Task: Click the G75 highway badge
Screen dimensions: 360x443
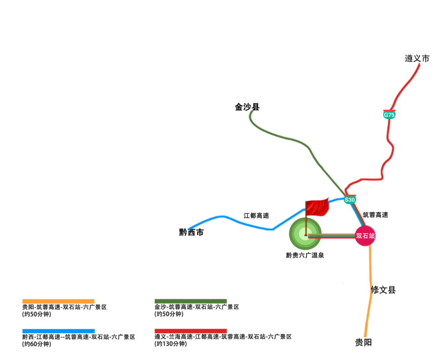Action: click(389, 115)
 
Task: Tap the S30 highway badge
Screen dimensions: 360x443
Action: click(349, 200)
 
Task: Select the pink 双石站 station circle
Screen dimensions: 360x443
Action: click(365, 236)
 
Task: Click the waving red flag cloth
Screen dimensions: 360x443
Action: click(318, 207)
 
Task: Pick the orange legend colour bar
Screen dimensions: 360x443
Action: click(58, 301)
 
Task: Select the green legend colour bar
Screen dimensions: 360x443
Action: click(190, 301)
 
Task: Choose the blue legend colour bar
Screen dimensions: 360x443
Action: click(58, 331)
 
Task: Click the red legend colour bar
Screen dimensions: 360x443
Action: click(190, 331)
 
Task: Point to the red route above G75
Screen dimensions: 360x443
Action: click(404, 86)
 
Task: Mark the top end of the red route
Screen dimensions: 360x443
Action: click(419, 64)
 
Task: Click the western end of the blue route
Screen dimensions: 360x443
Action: click(190, 228)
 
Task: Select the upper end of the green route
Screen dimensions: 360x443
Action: click(250, 111)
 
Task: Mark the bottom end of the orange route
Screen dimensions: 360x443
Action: click(365, 336)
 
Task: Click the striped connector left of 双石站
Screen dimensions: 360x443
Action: click(332, 236)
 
